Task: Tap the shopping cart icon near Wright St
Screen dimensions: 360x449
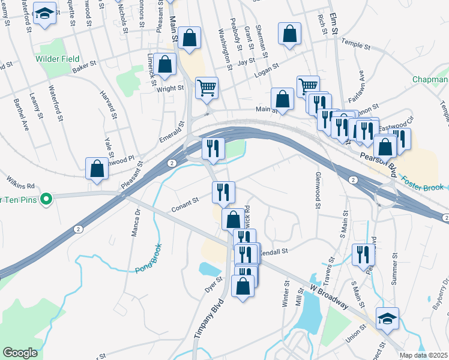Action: pos(206,88)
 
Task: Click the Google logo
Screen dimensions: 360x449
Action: pos(20,353)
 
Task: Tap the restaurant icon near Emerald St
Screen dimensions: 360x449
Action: pos(212,148)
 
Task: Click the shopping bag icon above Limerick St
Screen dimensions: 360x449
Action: pos(164,64)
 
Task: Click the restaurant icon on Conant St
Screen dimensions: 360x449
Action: pos(223,193)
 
